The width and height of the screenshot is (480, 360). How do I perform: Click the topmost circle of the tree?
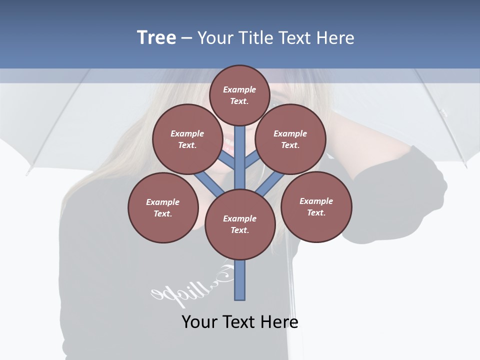point(239,95)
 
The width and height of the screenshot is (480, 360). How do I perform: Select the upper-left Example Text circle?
point(187,139)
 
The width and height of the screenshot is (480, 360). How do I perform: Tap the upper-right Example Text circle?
point(290,139)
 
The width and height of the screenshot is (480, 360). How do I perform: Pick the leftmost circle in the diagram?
point(163,207)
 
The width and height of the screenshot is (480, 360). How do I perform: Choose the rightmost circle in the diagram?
point(316,206)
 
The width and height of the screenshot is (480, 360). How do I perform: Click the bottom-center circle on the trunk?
point(239,224)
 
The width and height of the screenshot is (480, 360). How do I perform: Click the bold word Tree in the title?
point(156,37)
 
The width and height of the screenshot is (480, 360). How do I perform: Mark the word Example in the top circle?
point(239,90)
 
